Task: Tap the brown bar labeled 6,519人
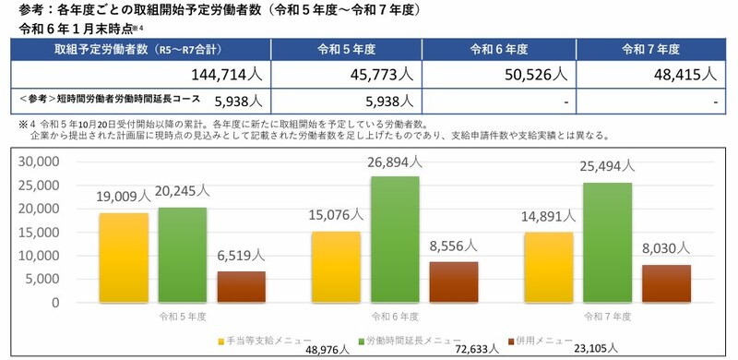pyautogui.click(x=241, y=286)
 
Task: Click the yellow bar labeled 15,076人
pyautogui.click(x=336, y=267)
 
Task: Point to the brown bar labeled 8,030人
pyautogui.click(x=665, y=283)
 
